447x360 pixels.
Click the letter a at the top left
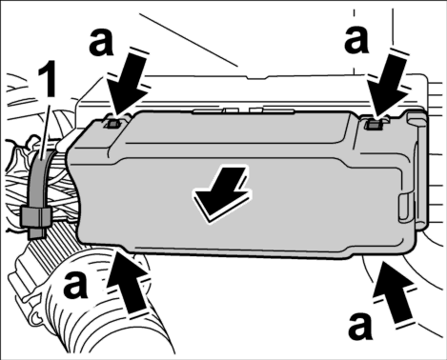click(101, 42)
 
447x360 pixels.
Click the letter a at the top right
click(356, 39)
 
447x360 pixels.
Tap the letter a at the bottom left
click(75, 285)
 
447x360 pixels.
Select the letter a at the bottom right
click(360, 327)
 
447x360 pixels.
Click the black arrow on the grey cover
click(222, 193)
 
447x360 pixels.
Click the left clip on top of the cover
click(113, 124)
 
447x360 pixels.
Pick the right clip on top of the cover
click(375, 125)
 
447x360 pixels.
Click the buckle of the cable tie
click(36, 216)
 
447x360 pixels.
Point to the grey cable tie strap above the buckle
click(37, 180)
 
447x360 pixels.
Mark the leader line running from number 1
click(45, 130)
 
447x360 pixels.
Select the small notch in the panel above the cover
click(258, 77)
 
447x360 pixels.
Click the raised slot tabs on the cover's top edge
click(243, 110)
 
